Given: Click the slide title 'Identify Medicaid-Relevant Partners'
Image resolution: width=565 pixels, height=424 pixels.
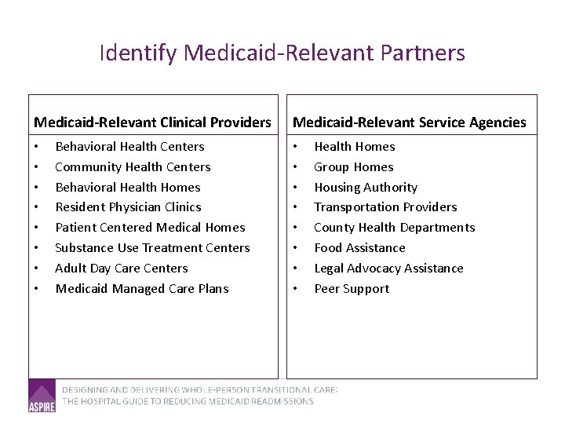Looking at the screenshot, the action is [282, 53].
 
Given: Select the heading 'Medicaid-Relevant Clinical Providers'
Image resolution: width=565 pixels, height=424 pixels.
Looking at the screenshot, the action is [152, 122].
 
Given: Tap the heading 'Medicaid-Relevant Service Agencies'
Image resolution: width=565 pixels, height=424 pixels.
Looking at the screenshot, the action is [409, 122].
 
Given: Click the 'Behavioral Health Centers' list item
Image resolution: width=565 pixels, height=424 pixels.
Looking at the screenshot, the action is [129, 147].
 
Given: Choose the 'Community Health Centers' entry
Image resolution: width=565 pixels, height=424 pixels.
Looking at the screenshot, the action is [133, 167].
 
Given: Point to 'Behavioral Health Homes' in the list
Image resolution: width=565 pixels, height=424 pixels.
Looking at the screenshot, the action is [128, 188].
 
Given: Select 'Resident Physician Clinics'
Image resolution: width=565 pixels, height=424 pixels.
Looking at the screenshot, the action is [128, 207].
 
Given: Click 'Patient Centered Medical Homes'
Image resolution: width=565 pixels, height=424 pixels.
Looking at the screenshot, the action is [150, 228].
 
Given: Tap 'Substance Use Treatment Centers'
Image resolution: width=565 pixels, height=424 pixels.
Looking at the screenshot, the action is [152, 248].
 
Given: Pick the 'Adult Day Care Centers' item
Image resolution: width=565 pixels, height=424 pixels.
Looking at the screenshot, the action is [122, 269].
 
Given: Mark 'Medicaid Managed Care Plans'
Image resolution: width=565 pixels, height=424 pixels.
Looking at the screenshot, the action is [142, 289].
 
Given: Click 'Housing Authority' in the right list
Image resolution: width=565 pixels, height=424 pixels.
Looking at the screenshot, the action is [366, 188].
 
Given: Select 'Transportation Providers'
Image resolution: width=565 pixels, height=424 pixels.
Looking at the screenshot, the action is [385, 207].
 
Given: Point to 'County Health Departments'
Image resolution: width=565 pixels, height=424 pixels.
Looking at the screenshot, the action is [394, 228].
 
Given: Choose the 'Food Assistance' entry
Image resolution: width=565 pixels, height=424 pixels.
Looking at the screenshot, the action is [359, 248].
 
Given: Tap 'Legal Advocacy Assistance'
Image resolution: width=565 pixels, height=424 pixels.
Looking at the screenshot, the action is [388, 269].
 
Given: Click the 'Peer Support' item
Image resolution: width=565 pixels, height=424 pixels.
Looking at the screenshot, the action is [352, 289].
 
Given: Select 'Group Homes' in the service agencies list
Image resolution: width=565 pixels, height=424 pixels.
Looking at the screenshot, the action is [354, 167].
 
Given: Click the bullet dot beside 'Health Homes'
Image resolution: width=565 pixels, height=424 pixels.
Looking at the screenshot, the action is [295, 147].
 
